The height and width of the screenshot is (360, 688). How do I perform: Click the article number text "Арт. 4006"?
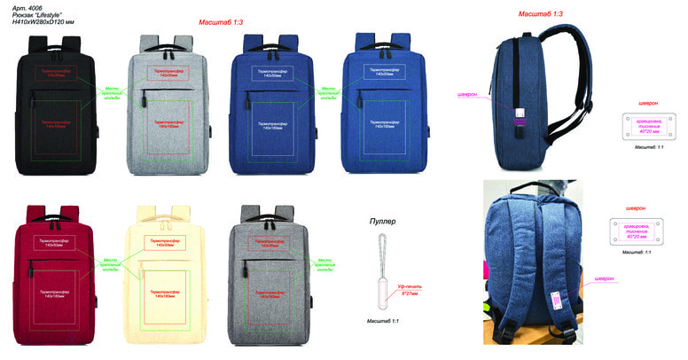click(28, 7)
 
